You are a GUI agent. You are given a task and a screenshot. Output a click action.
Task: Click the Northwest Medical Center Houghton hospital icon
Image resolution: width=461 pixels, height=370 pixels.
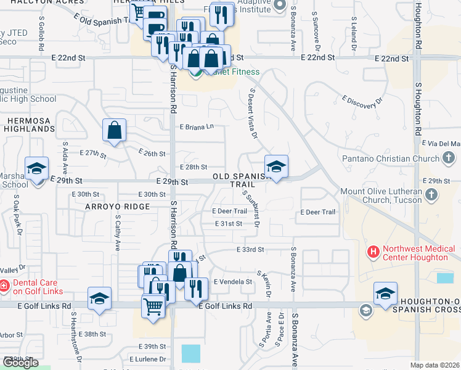pyautogui.click(x=373, y=252)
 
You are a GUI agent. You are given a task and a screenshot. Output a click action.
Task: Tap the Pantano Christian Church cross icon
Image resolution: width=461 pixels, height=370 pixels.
pyautogui.click(x=449, y=158)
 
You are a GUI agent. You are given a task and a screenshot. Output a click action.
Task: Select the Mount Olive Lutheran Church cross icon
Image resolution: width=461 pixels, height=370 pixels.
pyautogui.click(x=431, y=195)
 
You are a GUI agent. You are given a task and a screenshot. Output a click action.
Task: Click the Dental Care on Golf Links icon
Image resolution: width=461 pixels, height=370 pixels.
pyautogui.click(x=4, y=286)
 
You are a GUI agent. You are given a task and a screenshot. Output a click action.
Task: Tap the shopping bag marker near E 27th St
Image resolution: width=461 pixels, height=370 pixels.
pyautogui.click(x=115, y=131)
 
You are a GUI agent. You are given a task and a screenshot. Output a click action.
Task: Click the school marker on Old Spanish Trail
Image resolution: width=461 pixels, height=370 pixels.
pyautogui.click(x=276, y=166)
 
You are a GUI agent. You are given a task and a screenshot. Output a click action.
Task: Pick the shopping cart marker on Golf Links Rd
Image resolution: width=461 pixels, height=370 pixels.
pyautogui.click(x=153, y=306)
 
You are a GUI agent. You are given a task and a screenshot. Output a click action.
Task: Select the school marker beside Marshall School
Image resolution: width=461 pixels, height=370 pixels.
pyautogui.click(x=36, y=168)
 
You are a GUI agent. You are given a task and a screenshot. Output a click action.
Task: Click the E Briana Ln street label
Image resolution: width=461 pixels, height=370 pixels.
pyautogui.click(x=197, y=127)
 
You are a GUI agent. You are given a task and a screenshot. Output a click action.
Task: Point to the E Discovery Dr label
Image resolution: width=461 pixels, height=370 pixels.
pyautogui.click(x=362, y=102)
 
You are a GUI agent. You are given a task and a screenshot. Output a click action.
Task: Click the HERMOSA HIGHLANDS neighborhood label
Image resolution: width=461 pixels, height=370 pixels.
pyautogui.click(x=30, y=125)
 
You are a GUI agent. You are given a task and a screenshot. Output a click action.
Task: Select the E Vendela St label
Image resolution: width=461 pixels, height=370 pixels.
pyautogui.click(x=233, y=281)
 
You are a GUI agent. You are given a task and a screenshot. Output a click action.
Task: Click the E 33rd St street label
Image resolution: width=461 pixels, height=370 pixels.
pyautogui.click(x=250, y=250)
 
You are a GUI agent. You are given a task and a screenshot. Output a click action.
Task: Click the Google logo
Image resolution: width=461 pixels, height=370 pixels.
pyautogui.click(x=20, y=363)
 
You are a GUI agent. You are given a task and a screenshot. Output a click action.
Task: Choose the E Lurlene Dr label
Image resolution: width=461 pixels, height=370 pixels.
pyautogui.click(x=148, y=359)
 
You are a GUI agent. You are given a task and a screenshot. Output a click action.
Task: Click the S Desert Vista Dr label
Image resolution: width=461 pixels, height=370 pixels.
pyautogui.click(x=250, y=112)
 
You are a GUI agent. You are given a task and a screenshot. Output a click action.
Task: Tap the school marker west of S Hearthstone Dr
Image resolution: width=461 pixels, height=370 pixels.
pyautogui.click(x=99, y=298)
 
